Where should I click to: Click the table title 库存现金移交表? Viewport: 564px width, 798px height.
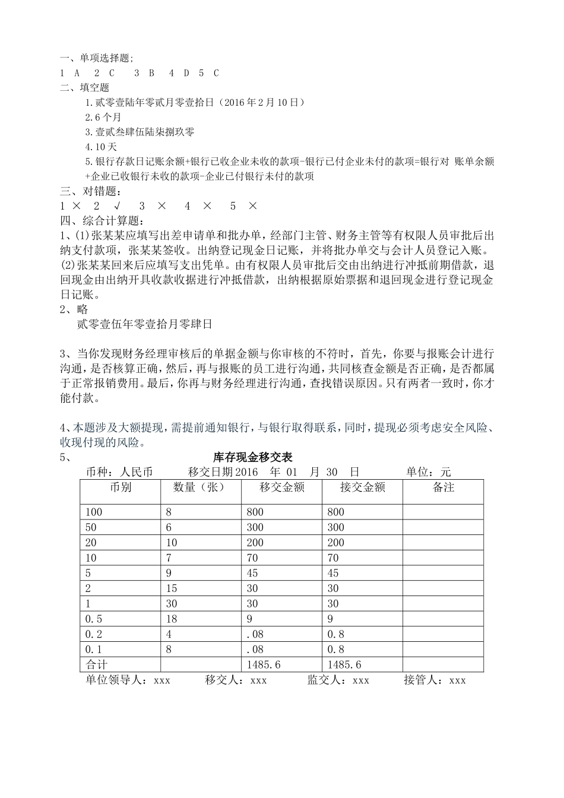click(x=252, y=458)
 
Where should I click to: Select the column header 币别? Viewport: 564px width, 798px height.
click(x=121, y=487)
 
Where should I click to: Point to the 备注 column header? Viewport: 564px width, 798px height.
click(x=443, y=487)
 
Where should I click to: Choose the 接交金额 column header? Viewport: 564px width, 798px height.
click(x=362, y=487)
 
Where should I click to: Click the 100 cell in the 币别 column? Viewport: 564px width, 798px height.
click(x=94, y=512)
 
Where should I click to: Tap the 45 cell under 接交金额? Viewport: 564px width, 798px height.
click(x=333, y=573)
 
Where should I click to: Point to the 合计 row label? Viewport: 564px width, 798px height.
click(x=97, y=665)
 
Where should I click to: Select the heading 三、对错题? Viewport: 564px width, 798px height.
click(x=90, y=191)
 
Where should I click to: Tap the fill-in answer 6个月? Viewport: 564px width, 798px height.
click(x=103, y=117)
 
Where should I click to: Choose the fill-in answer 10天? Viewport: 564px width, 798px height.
click(x=101, y=147)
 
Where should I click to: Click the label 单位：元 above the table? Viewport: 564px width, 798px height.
click(x=428, y=473)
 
